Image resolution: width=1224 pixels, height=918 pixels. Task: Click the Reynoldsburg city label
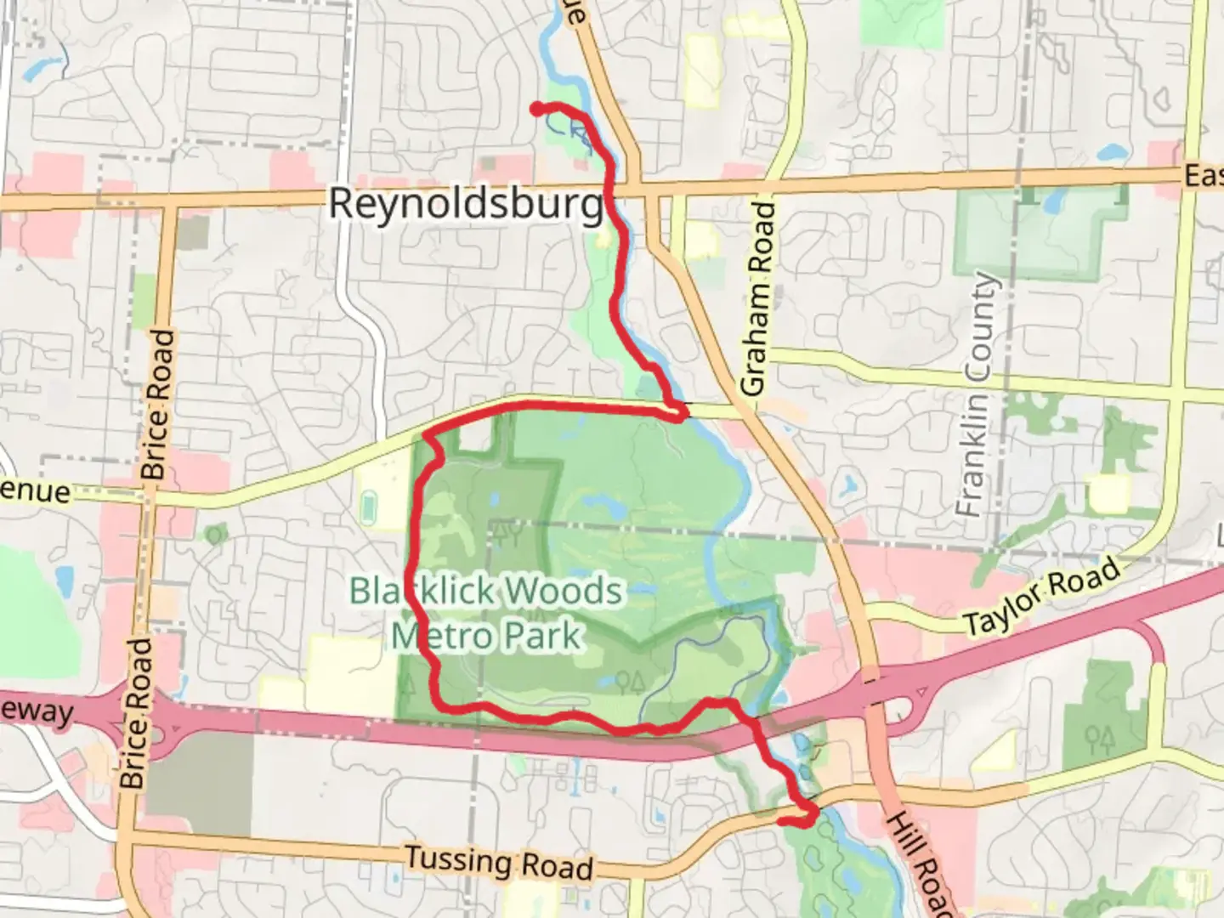tap(466, 204)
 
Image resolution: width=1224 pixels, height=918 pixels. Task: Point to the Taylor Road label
tap(1043, 597)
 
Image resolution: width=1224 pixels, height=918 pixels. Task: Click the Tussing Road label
tap(499, 862)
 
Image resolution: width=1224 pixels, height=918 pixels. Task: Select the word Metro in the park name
tap(440, 636)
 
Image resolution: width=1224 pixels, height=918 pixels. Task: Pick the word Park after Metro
tap(541, 636)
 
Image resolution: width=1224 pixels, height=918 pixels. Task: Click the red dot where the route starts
tap(537, 108)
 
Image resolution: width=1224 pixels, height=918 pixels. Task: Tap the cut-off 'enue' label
tap(36, 490)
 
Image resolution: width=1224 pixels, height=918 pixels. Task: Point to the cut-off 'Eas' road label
tap(1204, 176)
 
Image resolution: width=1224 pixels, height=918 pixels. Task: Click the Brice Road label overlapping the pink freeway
tap(137, 712)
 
